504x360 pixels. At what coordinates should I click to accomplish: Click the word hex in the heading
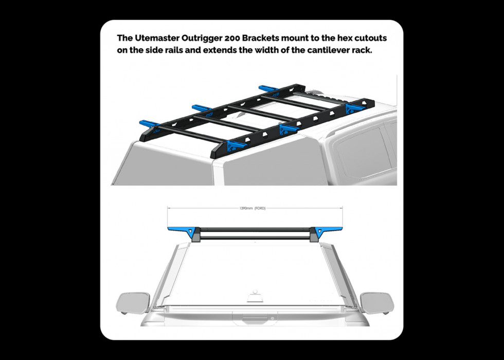(x=345, y=38)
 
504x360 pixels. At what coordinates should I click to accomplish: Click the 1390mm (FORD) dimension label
(x=253, y=208)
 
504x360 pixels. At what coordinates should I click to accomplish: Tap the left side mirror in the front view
(x=133, y=303)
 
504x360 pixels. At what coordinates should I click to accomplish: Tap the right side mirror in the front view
(x=377, y=303)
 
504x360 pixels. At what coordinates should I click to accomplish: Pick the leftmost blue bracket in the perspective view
(x=149, y=123)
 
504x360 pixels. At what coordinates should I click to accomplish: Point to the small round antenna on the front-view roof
(x=255, y=292)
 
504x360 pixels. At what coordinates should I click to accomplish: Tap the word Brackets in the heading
(x=261, y=38)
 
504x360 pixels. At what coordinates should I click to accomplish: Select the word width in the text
(x=267, y=50)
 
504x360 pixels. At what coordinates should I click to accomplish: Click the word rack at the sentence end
(x=363, y=50)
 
